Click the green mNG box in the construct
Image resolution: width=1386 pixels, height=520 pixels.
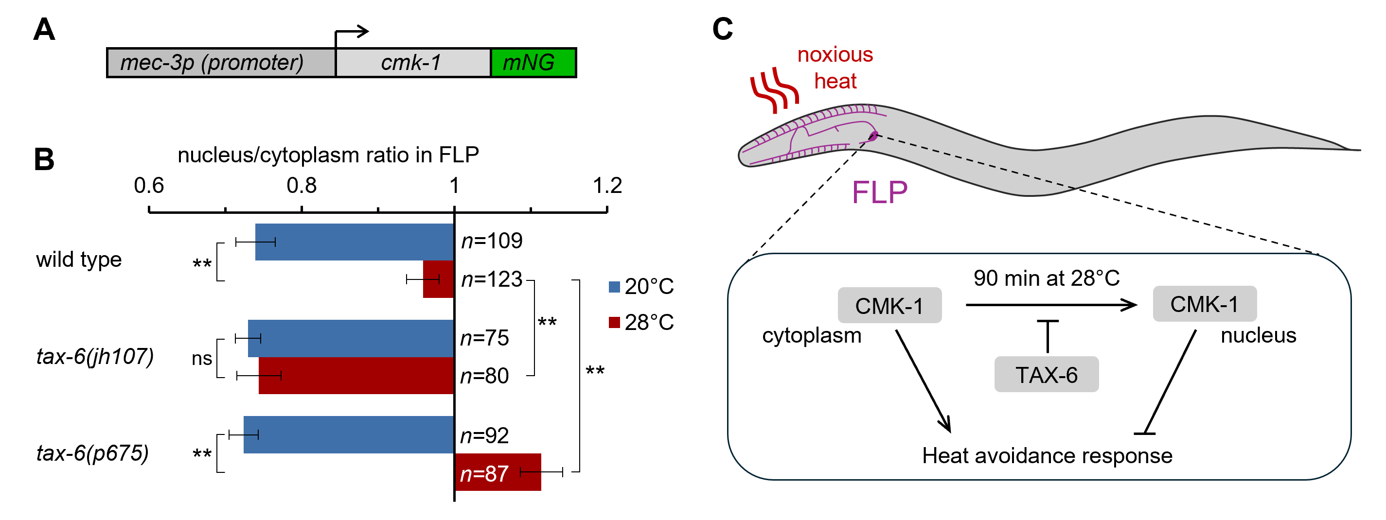pos(533,63)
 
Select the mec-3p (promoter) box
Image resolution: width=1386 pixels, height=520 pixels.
pos(221,63)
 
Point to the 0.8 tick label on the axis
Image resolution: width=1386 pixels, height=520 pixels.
pos(302,186)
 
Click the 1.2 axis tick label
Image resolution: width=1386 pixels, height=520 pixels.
pos(607,186)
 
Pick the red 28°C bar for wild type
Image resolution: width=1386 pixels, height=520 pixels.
pos(439,279)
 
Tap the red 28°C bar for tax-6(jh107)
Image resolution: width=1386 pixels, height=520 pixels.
pos(356,375)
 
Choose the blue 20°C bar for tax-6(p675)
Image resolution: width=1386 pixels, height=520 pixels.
pos(349,434)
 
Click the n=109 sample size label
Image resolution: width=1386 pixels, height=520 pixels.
pos(492,241)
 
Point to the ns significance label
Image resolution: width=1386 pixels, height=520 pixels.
pos(202,359)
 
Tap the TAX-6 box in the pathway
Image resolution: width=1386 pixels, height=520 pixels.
pos(1046,374)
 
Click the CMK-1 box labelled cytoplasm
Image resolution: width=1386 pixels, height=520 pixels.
pos(889,306)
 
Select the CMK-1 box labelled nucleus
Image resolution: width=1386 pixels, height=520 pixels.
pos(1204,304)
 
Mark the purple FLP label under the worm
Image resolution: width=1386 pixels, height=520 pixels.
pos(879,192)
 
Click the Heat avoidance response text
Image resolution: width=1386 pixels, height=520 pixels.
pos(1047,455)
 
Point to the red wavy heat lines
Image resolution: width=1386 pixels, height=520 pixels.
pos(774,90)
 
